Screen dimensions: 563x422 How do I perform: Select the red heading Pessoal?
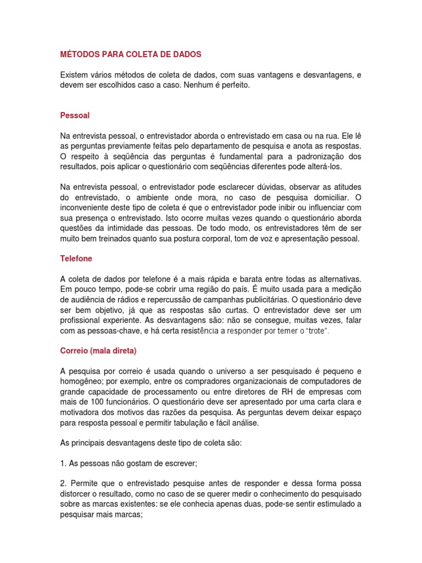[75, 115]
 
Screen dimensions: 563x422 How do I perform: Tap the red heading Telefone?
[76, 258]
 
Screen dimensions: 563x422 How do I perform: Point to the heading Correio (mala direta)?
[98, 350]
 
